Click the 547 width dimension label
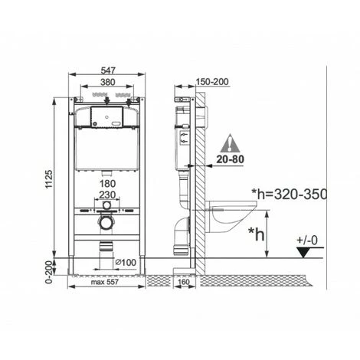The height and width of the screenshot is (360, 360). (108, 70)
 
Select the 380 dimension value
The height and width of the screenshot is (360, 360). (108, 82)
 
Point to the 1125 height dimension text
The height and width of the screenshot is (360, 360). (49, 179)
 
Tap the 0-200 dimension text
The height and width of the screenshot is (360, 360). (49, 271)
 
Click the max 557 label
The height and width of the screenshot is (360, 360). (105, 282)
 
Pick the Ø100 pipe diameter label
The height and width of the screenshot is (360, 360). (126, 262)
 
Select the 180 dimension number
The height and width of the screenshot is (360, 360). (108, 184)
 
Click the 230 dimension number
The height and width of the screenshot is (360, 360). (107, 195)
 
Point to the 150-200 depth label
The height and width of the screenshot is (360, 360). (212, 82)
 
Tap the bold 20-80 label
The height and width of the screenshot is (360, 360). (231, 159)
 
